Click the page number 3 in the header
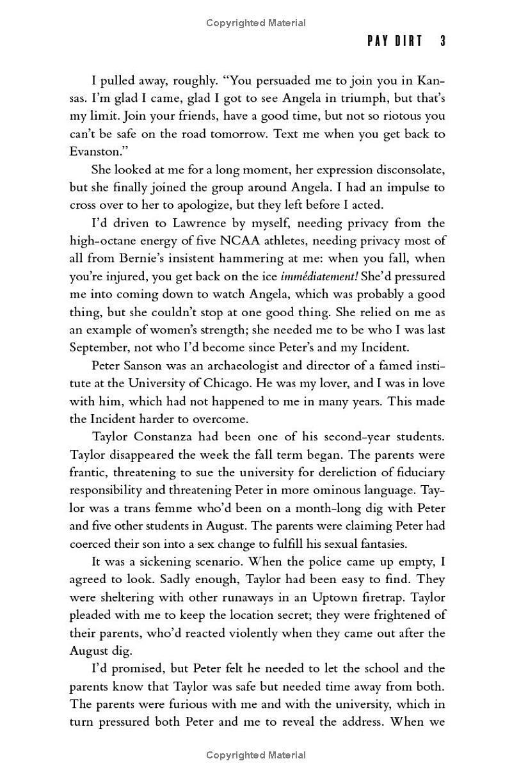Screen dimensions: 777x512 [x=442, y=42]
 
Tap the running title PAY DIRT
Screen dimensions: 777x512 [x=395, y=42]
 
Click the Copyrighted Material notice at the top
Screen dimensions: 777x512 [x=256, y=23]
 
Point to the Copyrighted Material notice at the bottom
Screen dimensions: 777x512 [x=256, y=755]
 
